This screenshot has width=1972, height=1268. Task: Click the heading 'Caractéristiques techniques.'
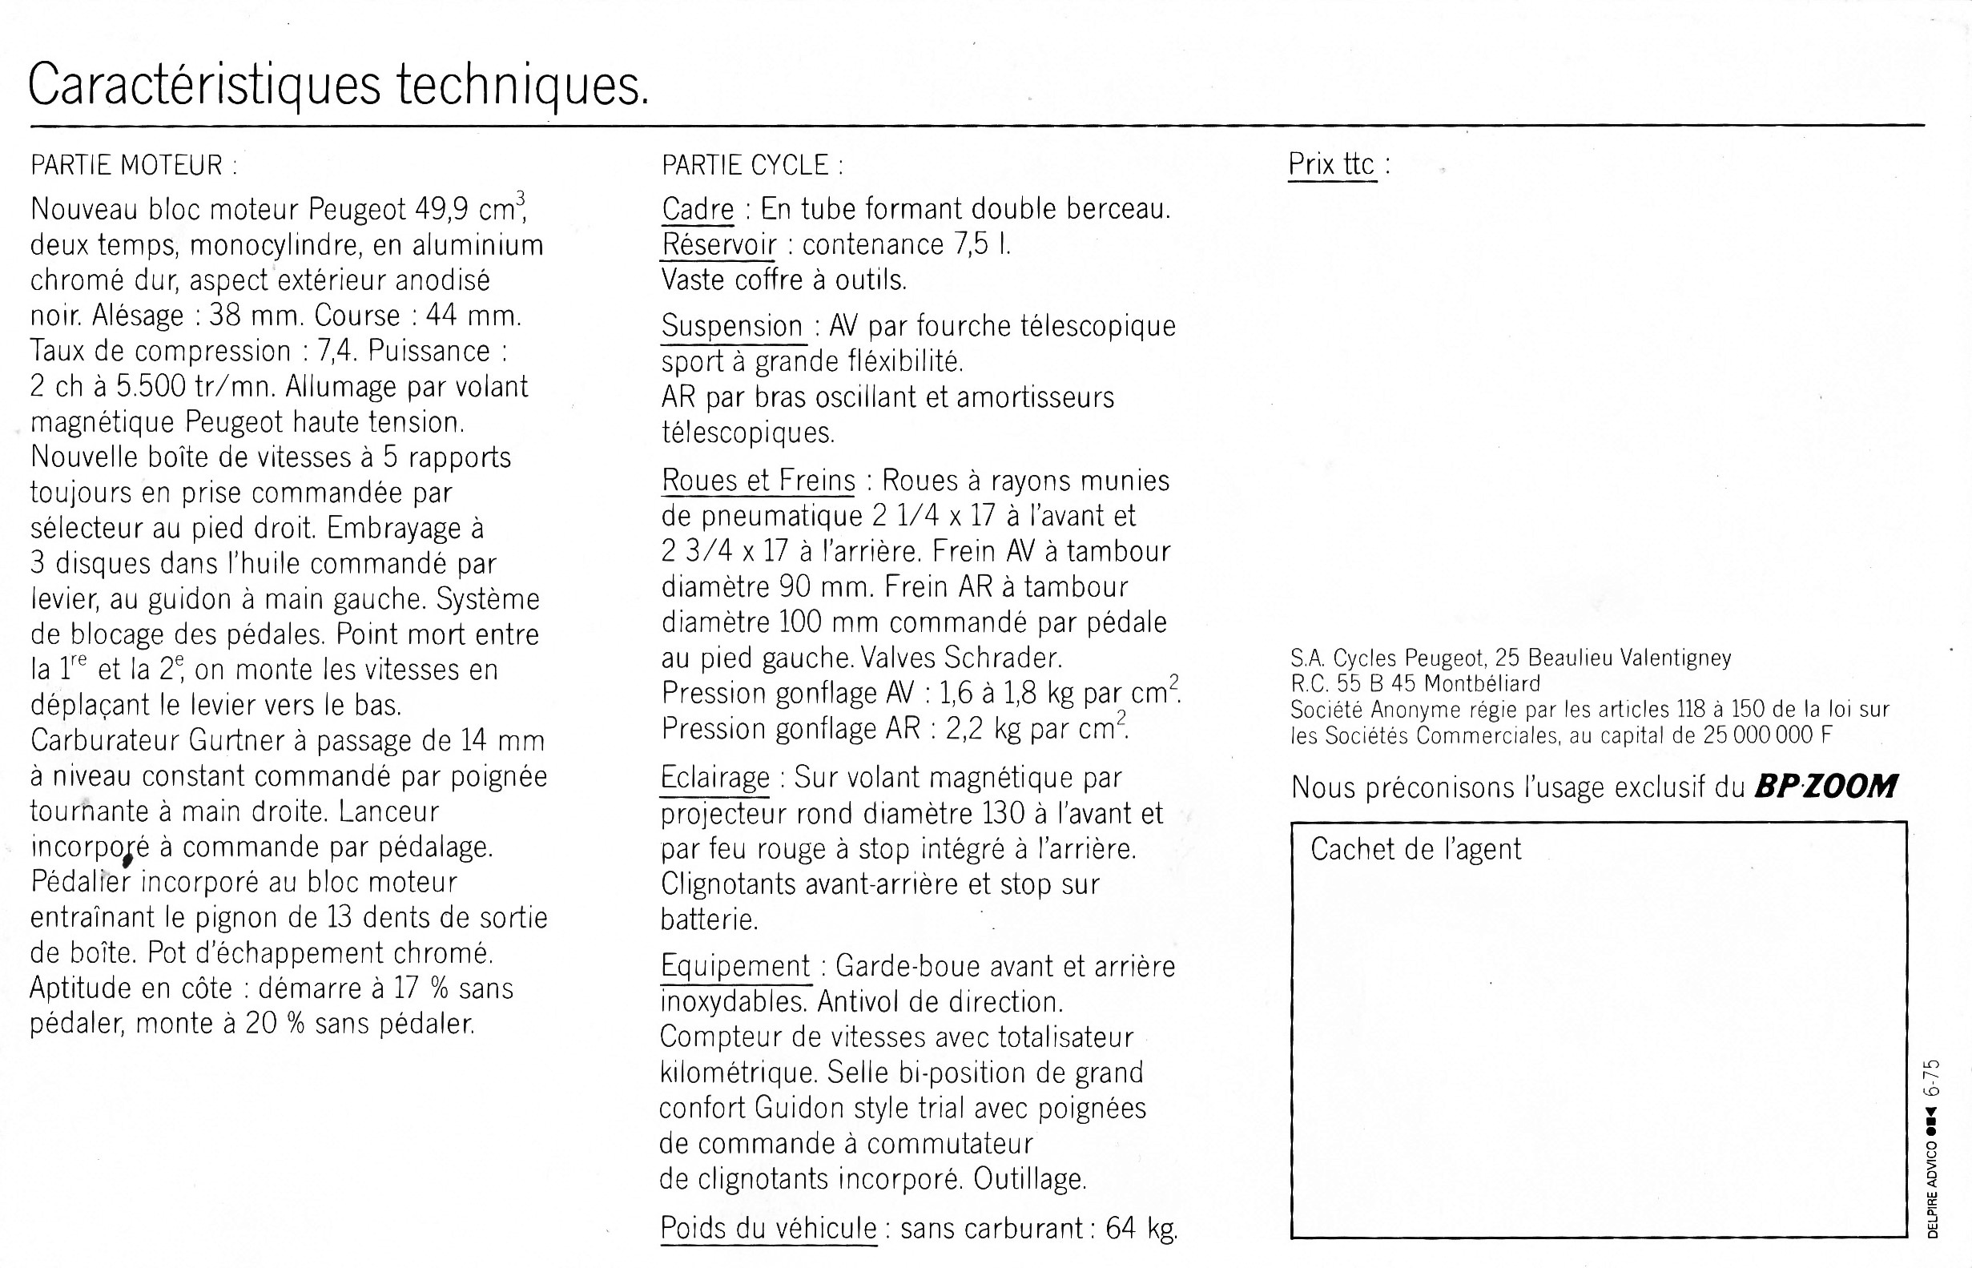coord(338,86)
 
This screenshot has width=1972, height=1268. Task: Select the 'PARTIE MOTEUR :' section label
coord(134,166)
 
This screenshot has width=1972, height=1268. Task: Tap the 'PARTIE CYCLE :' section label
coord(753,166)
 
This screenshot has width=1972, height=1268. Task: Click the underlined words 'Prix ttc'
coord(1331,165)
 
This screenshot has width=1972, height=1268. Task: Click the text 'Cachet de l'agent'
coord(1415,849)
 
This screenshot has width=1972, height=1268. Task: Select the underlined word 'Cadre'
coord(698,209)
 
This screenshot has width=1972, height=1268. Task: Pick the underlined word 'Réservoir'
coord(718,244)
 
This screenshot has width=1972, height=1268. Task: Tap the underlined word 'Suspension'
coord(732,326)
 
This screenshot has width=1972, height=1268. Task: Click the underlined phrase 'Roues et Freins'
coord(759,480)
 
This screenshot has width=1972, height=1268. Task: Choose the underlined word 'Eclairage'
coord(714,777)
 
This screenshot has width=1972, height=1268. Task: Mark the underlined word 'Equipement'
coord(735,966)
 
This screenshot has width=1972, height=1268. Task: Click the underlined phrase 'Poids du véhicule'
coord(768,1228)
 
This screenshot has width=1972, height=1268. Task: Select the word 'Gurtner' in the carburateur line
coord(236,740)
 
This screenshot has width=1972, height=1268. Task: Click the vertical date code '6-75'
coord(1932,1079)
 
